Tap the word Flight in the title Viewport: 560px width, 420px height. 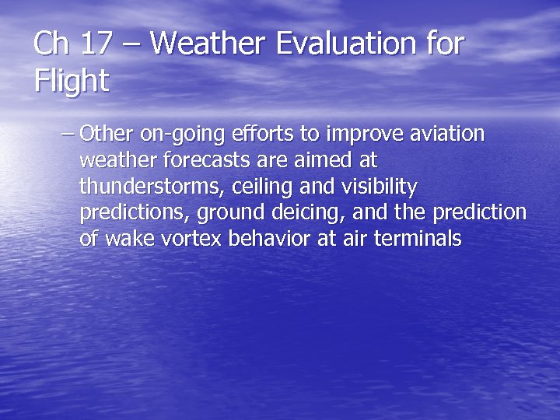tap(72, 82)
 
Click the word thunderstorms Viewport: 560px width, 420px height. tap(151, 187)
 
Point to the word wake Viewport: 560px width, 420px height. tap(128, 239)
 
